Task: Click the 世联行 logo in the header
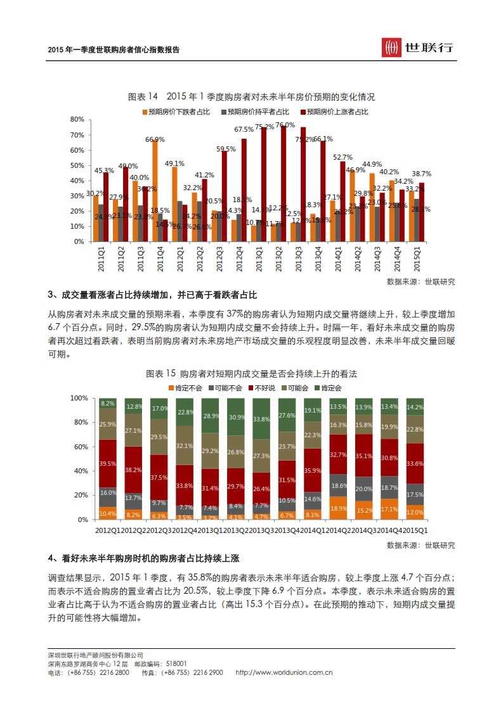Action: [417, 48]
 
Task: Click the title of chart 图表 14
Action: [251, 97]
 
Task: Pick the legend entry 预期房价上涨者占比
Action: [334, 112]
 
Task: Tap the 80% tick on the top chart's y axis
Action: [77, 119]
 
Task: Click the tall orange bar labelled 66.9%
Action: [155, 190]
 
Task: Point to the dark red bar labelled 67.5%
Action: [244, 189]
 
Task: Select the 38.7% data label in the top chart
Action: [421, 173]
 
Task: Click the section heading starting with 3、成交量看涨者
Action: [153, 296]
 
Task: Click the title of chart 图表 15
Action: [251, 373]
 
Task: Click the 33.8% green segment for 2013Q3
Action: [261, 419]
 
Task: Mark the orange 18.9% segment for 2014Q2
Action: [338, 508]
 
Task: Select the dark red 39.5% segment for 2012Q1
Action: [107, 464]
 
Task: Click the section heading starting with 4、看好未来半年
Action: [144, 558]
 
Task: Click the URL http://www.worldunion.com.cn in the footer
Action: [284, 672]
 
